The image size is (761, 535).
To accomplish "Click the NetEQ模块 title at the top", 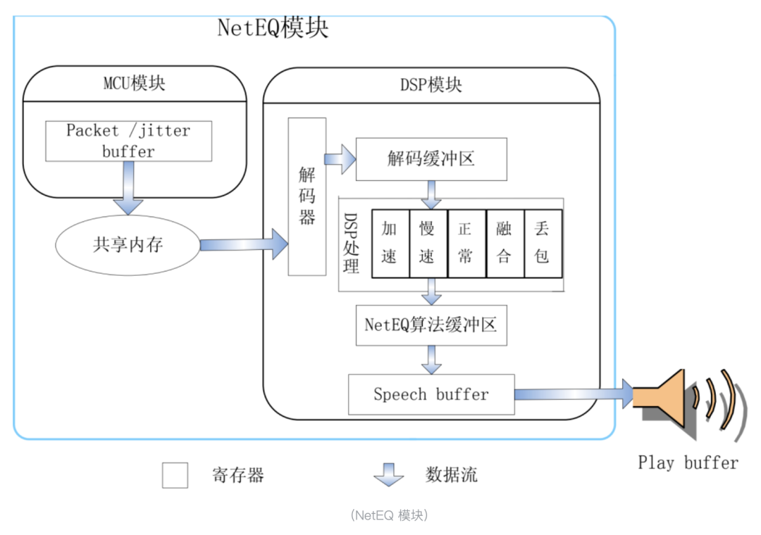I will coord(273,28).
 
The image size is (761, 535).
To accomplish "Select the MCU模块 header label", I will coord(135,84).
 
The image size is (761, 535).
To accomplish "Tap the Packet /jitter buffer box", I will coord(128,140).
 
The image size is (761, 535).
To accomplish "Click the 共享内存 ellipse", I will coord(128,244).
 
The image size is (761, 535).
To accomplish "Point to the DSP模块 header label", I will coord(431,85).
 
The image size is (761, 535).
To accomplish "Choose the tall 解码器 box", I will coord(307,196).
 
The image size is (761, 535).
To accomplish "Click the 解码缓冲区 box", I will coord(431,159).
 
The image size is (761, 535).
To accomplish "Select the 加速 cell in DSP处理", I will coord(390,243).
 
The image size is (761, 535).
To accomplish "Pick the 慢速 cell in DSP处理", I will coord(428,243).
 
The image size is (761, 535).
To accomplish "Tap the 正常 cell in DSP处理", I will coord(466,243).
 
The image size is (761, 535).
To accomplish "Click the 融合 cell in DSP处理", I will coord(505,243).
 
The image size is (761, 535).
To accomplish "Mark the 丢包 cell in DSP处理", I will coord(543,243).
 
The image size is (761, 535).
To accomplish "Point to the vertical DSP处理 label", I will coord(352,244).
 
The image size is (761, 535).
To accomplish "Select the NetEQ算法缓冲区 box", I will coord(431,325).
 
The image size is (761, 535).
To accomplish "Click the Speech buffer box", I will coord(431,394).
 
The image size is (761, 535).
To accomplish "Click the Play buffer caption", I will coord(688,462).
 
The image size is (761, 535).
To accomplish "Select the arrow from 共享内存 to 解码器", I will coord(244,244).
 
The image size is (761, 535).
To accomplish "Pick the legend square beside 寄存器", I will coord(175,475).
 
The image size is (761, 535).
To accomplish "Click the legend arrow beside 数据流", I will coord(388,475).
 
